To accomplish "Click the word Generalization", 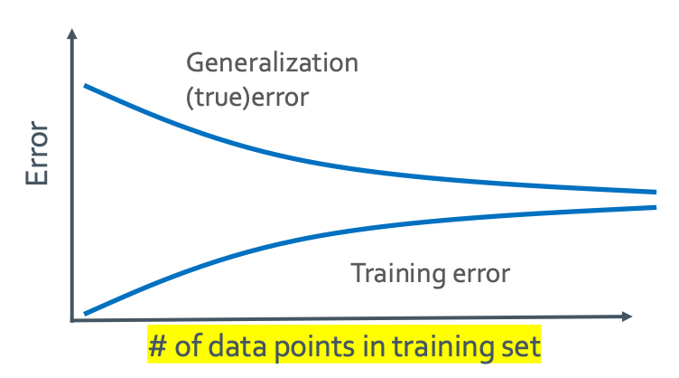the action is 273,63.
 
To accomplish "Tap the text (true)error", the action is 247,97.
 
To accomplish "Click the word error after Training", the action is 481,275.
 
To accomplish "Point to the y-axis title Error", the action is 37,153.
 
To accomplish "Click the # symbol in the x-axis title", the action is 158,346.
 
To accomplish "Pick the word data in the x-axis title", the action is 237,346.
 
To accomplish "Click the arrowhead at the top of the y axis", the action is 72,33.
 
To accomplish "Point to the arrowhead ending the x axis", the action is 627,317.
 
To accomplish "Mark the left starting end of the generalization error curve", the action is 85,86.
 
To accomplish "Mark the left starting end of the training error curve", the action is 85,314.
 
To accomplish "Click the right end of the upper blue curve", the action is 656,192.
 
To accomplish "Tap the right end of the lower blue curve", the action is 656,207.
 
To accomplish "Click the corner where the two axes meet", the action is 72,320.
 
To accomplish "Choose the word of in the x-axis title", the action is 188,346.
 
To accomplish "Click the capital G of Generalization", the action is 195,63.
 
